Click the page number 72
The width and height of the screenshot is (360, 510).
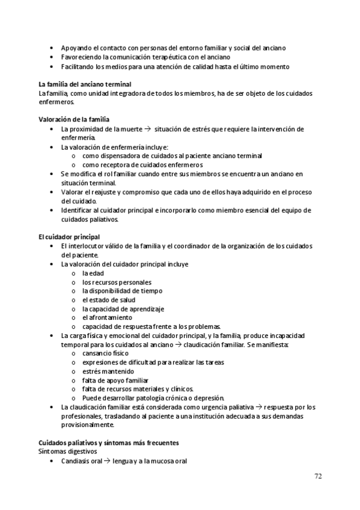pyautogui.click(x=318, y=476)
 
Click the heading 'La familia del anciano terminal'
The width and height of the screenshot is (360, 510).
pyautogui.click(x=85, y=84)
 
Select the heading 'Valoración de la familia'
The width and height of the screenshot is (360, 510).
pyautogui.click(x=73, y=120)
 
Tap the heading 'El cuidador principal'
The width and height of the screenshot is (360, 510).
pyautogui.click(x=69, y=237)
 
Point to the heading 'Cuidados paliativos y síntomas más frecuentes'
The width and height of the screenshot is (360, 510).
pyautogui.click(x=108, y=442)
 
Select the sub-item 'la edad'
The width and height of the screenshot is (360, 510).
pyautogui.click(x=93, y=273)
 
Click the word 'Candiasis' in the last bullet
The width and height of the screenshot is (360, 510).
pyautogui.click(x=76, y=461)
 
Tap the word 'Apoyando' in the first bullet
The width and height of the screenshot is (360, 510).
pyautogui.click(x=76, y=48)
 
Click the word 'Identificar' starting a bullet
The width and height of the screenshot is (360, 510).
pyautogui.click(x=78, y=210)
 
